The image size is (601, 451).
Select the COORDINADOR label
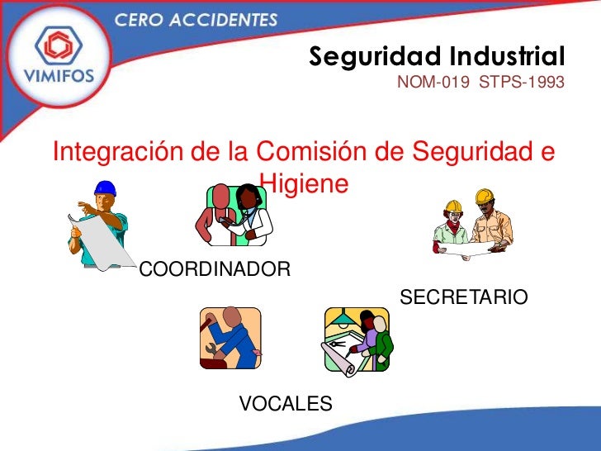[215, 269]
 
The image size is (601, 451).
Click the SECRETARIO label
[463, 297]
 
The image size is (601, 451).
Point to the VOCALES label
[286, 403]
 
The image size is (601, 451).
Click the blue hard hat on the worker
[105, 189]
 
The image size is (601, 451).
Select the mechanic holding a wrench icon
[230, 338]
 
